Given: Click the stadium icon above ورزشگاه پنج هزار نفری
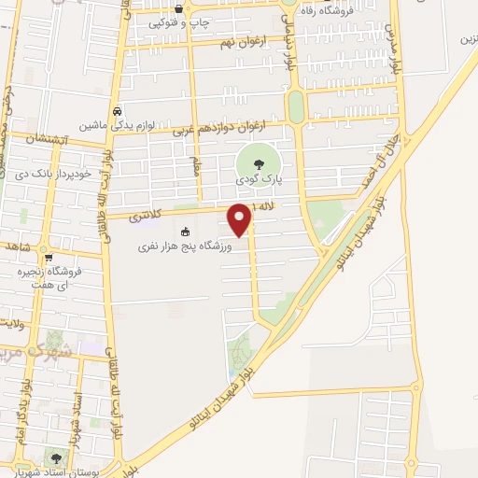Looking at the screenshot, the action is pyautogui.click(x=184, y=232).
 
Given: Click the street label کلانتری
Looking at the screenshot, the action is pyautogui.click(x=145, y=214).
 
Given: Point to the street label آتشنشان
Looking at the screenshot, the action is pyautogui.click(x=36, y=138).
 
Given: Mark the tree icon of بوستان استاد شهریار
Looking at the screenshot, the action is pyautogui.click(x=57, y=458).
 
